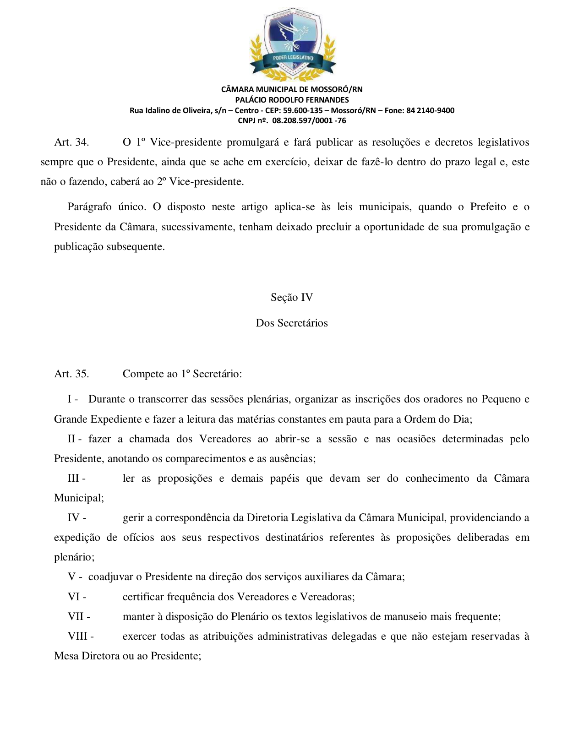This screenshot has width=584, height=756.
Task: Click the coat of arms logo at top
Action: point(292,44)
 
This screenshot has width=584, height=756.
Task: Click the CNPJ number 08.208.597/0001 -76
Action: point(309,121)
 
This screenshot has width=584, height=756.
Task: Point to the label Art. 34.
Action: point(71,142)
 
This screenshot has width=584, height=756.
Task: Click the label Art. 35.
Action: point(71,374)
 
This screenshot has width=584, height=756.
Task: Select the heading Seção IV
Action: point(292,298)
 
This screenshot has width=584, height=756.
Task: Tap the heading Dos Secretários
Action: point(292,323)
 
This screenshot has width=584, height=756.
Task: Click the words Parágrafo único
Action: point(106,207)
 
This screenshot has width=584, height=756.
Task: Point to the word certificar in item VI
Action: point(143,597)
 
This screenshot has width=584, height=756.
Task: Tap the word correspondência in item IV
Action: point(192,518)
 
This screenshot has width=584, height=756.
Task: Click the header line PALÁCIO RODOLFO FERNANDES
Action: point(292,100)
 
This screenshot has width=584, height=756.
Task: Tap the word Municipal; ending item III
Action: point(79,498)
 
